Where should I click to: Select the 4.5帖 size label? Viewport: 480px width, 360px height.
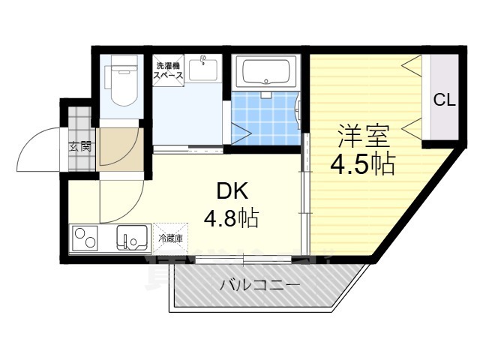click(x=363, y=163)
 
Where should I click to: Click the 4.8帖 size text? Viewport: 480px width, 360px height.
click(x=231, y=218)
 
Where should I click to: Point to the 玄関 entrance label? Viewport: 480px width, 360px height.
click(x=81, y=146)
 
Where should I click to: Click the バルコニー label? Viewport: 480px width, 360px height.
click(x=259, y=285)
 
